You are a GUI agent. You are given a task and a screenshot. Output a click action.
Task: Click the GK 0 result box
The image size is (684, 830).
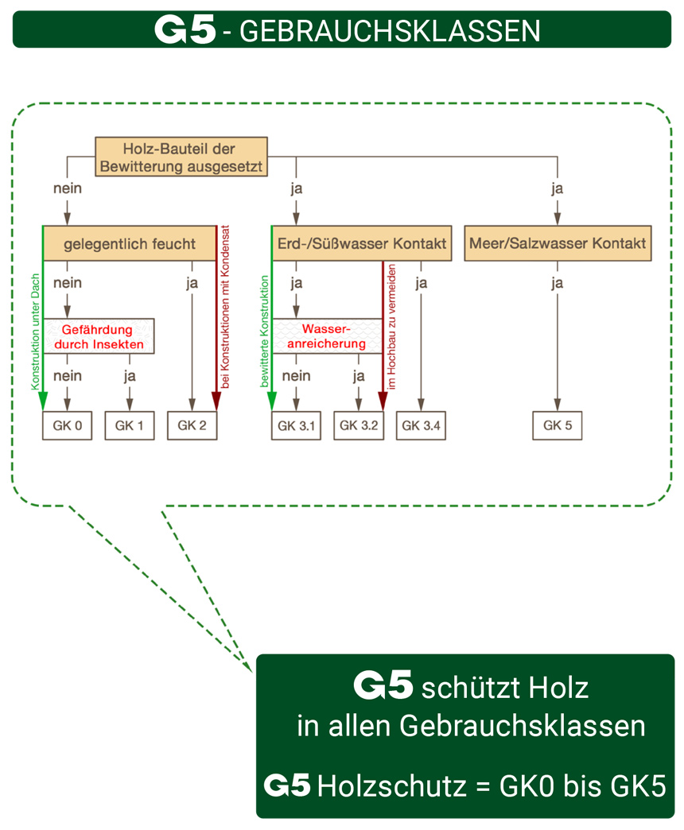(67, 425)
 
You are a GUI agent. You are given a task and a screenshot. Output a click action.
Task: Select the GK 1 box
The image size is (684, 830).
(129, 425)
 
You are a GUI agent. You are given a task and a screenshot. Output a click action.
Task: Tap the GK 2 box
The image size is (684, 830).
(192, 425)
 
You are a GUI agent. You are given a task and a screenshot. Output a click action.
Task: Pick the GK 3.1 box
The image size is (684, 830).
(296, 425)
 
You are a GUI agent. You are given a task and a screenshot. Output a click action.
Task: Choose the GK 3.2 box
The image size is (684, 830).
(359, 425)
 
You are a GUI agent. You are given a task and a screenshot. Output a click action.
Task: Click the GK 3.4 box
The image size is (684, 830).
(421, 425)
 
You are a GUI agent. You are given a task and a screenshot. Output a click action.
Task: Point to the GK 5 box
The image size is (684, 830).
(557, 425)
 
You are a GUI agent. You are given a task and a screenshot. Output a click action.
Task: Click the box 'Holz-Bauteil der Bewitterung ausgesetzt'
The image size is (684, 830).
(181, 157)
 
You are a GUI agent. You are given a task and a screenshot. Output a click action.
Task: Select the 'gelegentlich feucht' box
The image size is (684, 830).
(129, 243)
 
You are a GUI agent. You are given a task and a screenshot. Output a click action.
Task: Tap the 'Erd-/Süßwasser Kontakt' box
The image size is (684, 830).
(362, 243)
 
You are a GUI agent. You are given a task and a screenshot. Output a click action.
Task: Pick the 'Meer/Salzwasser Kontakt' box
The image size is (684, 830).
(558, 243)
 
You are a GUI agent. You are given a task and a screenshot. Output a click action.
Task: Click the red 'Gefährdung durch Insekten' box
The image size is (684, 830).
(99, 336)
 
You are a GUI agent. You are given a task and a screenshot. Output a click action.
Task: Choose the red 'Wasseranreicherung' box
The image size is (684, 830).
(327, 336)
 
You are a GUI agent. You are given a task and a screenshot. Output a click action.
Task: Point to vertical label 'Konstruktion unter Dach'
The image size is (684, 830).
(36, 332)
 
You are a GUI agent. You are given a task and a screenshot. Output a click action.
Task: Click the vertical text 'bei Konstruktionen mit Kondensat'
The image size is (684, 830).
(225, 307)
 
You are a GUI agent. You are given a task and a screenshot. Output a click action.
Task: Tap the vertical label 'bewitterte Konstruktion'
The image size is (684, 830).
(264, 332)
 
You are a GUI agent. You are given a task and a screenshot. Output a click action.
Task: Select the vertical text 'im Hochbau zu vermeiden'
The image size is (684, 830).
(392, 327)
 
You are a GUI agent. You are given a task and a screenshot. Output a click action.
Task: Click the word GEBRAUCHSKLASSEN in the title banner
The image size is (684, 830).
(390, 31)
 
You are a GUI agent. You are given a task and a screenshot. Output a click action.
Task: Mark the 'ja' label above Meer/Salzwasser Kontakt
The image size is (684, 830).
(557, 188)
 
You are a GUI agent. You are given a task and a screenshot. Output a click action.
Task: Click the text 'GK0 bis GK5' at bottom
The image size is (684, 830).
(582, 786)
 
